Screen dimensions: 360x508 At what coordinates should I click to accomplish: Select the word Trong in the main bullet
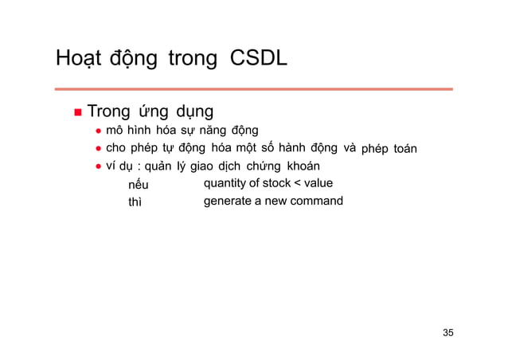pos(110,112)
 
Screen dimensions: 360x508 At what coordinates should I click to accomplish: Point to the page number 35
pos(448,332)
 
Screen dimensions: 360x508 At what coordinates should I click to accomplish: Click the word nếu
pos(139,185)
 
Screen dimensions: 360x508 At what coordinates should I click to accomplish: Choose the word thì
pos(135,202)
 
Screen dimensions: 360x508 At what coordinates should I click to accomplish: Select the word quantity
pos(225,184)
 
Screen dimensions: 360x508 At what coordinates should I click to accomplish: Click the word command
pos(316,201)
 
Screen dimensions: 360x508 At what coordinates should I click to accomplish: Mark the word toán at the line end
pos(406,149)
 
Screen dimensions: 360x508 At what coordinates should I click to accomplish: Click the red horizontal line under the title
pos(254,88)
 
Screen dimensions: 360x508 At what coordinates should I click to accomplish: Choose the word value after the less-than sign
pos(318,184)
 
